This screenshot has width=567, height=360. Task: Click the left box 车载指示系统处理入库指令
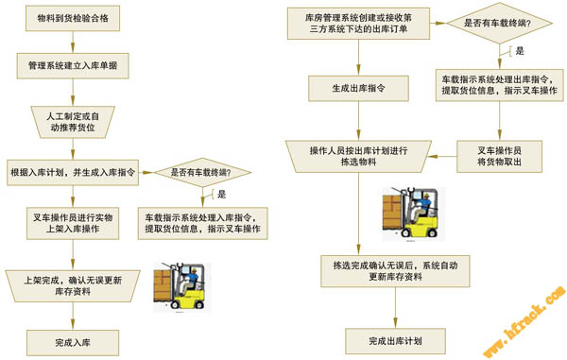(203, 223)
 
